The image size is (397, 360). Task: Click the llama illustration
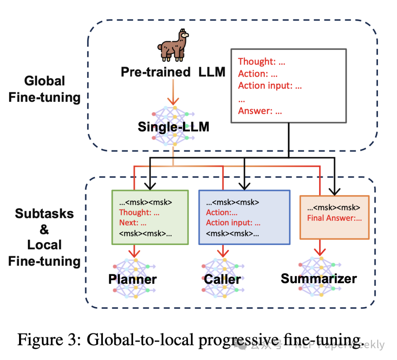172,46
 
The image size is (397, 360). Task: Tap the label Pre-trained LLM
173,72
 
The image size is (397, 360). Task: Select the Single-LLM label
174,127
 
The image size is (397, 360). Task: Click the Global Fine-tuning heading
44,89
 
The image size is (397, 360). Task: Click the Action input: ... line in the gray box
270,86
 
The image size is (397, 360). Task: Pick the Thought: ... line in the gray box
261,61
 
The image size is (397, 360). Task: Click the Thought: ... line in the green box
139,212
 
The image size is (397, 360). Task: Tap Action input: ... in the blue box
233,223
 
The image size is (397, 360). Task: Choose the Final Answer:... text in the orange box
335,218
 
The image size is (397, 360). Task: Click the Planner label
132,279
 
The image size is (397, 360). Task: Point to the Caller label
222,279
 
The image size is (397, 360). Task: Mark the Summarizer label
319,278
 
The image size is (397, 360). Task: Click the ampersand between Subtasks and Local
44,230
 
